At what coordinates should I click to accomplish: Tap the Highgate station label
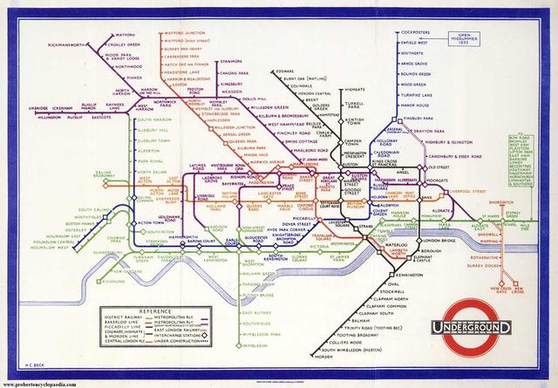[x=354, y=89]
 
